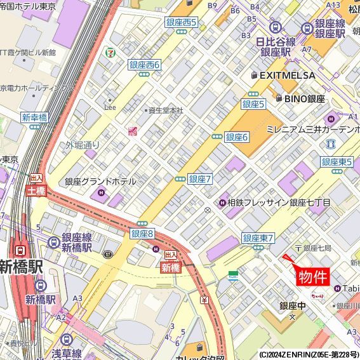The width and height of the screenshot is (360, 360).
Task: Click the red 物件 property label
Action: [x=314, y=277]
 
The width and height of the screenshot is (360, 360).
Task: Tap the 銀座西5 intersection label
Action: [x=182, y=22]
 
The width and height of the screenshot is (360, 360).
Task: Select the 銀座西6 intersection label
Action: [x=145, y=65]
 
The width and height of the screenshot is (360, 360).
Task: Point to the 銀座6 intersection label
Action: [x=237, y=137]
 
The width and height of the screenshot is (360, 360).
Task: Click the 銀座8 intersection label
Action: [x=142, y=234]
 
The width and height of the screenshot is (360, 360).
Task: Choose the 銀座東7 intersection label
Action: [x=258, y=238]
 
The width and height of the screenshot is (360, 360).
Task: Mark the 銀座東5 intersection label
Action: [x=337, y=162]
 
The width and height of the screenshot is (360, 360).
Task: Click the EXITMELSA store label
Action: [x=287, y=75]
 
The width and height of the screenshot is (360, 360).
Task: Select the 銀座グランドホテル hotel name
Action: [x=100, y=182]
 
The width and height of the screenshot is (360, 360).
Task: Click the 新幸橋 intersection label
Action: [x=34, y=117]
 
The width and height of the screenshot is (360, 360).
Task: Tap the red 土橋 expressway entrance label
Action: [x=36, y=190]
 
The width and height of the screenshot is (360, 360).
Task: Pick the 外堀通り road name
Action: [x=83, y=145]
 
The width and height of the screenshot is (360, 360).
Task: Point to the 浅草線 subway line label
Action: [x=67, y=354]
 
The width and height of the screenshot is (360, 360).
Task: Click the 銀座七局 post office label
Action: [x=317, y=248]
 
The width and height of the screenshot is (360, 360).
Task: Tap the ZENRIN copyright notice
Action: [x=309, y=354]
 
